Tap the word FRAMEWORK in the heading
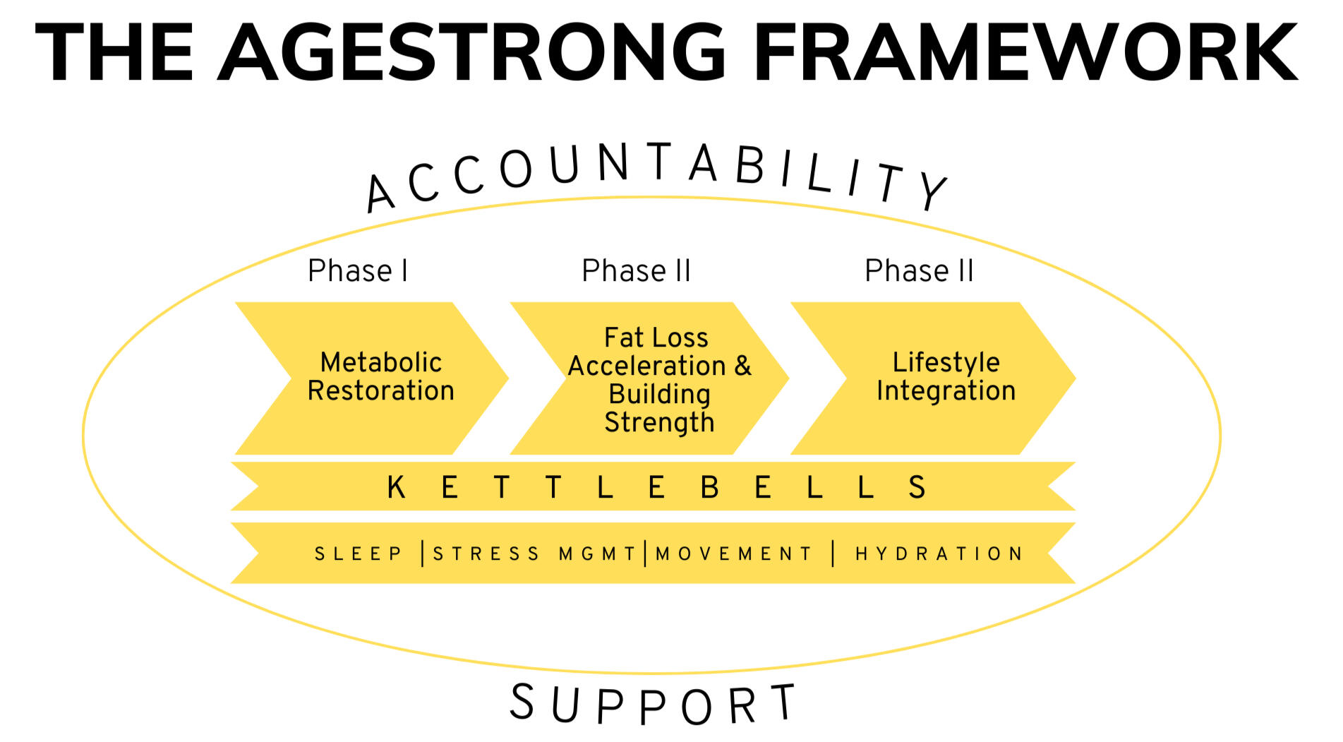(1025, 52)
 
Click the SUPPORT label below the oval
(654, 705)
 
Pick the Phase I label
(358, 271)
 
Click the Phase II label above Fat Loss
(636, 271)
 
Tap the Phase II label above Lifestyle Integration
(919, 271)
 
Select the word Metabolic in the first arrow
(381, 362)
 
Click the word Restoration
(381, 390)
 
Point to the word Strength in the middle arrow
(659, 422)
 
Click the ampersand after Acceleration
(743, 366)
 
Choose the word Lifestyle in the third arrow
(946, 362)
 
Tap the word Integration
(946, 390)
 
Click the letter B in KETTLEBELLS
(710, 487)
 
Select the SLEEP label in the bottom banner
(359, 553)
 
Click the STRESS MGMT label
(535, 553)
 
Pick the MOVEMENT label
(735, 553)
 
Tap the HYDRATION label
(939, 553)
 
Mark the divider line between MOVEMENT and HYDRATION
(833, 553)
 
